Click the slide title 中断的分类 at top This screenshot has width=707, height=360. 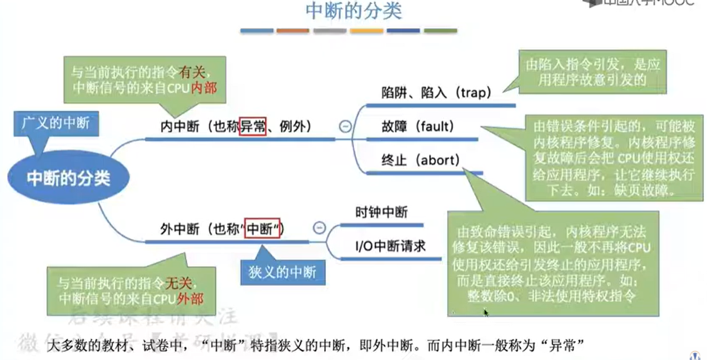tap(353, 11)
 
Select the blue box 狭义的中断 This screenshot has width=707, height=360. tap(283, 271)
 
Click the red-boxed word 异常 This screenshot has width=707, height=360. tap(253, 127)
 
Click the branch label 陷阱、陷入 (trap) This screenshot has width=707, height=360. tap(436, 93)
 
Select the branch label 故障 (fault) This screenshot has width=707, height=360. tap(418, 127)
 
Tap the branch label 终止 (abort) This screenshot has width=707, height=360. tap(421, 161)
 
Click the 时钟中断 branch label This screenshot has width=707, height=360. tap(381, 212)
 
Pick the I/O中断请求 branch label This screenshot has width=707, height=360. tap(391, 245)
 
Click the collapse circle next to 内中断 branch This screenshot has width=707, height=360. tap(345, 127)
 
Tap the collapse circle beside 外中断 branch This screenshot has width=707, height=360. tap(319, 227)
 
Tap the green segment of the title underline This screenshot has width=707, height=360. tap(440, 31)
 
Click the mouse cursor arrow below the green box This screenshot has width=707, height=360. tap(486, 312)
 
